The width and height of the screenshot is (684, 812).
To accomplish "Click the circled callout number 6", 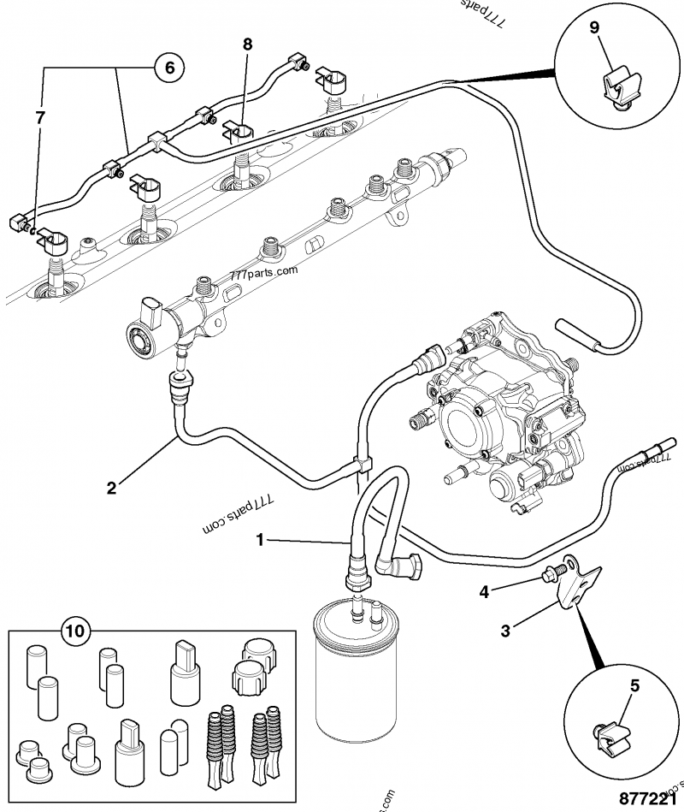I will click(x=169, y=66).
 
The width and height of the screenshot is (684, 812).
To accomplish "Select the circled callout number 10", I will click(x=75, y=632).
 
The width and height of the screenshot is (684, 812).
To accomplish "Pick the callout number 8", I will click(x=248, y=43).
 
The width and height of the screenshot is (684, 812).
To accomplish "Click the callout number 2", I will click(x=111, y=489).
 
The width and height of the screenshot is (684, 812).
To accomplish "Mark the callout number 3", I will click(x=505, y=631).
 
